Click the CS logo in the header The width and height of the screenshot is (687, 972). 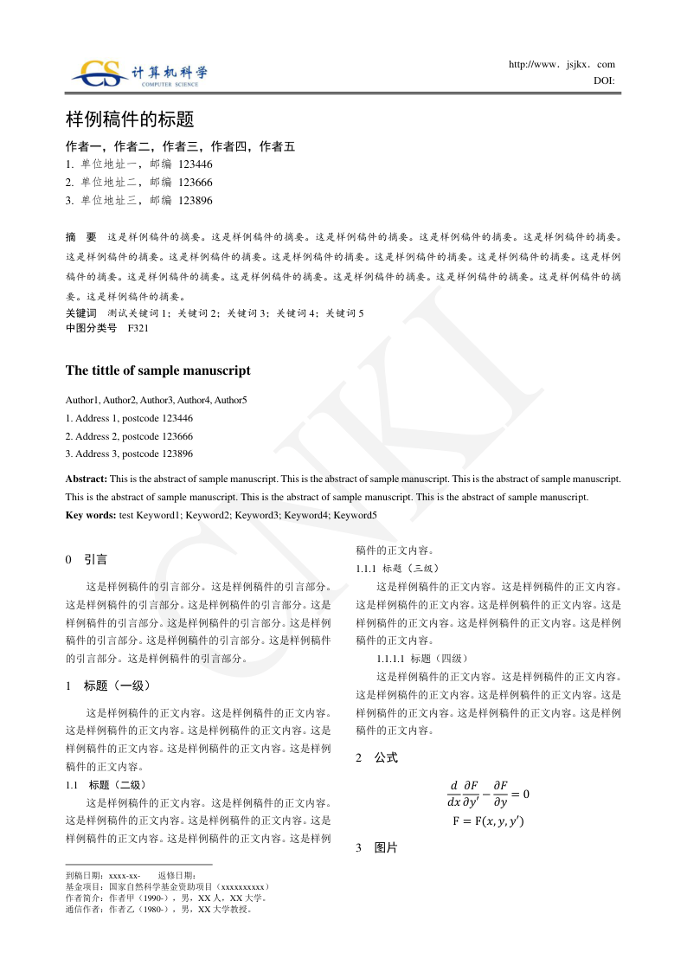[100, 73]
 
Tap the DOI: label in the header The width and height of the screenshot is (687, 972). [604, 80]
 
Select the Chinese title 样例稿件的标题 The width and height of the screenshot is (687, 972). [130, 119]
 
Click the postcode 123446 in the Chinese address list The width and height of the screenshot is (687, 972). [196, 164]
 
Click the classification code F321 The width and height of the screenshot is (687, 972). [138, 328]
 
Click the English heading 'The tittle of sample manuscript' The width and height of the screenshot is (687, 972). [158, 370]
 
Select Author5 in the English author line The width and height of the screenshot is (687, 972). [231, 400]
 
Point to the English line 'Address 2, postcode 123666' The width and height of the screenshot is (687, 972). [129, 436]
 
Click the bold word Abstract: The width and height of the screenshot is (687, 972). [87, 478]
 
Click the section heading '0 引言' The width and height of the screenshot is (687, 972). [87, 560]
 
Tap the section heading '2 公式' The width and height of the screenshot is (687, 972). [376, 757]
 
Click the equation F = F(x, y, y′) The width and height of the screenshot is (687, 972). [488, 821]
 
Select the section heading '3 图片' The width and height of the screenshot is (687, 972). [376, 848]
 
